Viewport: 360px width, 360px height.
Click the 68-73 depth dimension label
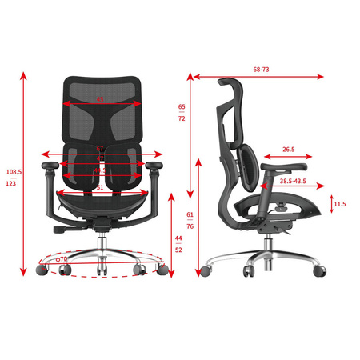pos(261,70)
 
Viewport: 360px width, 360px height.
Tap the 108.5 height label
pos(14,171)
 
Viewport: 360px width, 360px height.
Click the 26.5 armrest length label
pos(288,149)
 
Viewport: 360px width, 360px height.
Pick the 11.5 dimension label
pos(339,204)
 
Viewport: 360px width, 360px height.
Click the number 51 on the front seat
pos(99,187)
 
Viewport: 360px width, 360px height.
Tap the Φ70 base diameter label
pos(63,259)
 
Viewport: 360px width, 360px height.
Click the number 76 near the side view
pos(190,226)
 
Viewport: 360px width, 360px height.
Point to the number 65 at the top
pos(182,106)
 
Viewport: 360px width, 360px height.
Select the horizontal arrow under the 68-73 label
pos(257,78)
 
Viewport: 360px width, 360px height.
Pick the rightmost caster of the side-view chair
pos(320,273)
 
